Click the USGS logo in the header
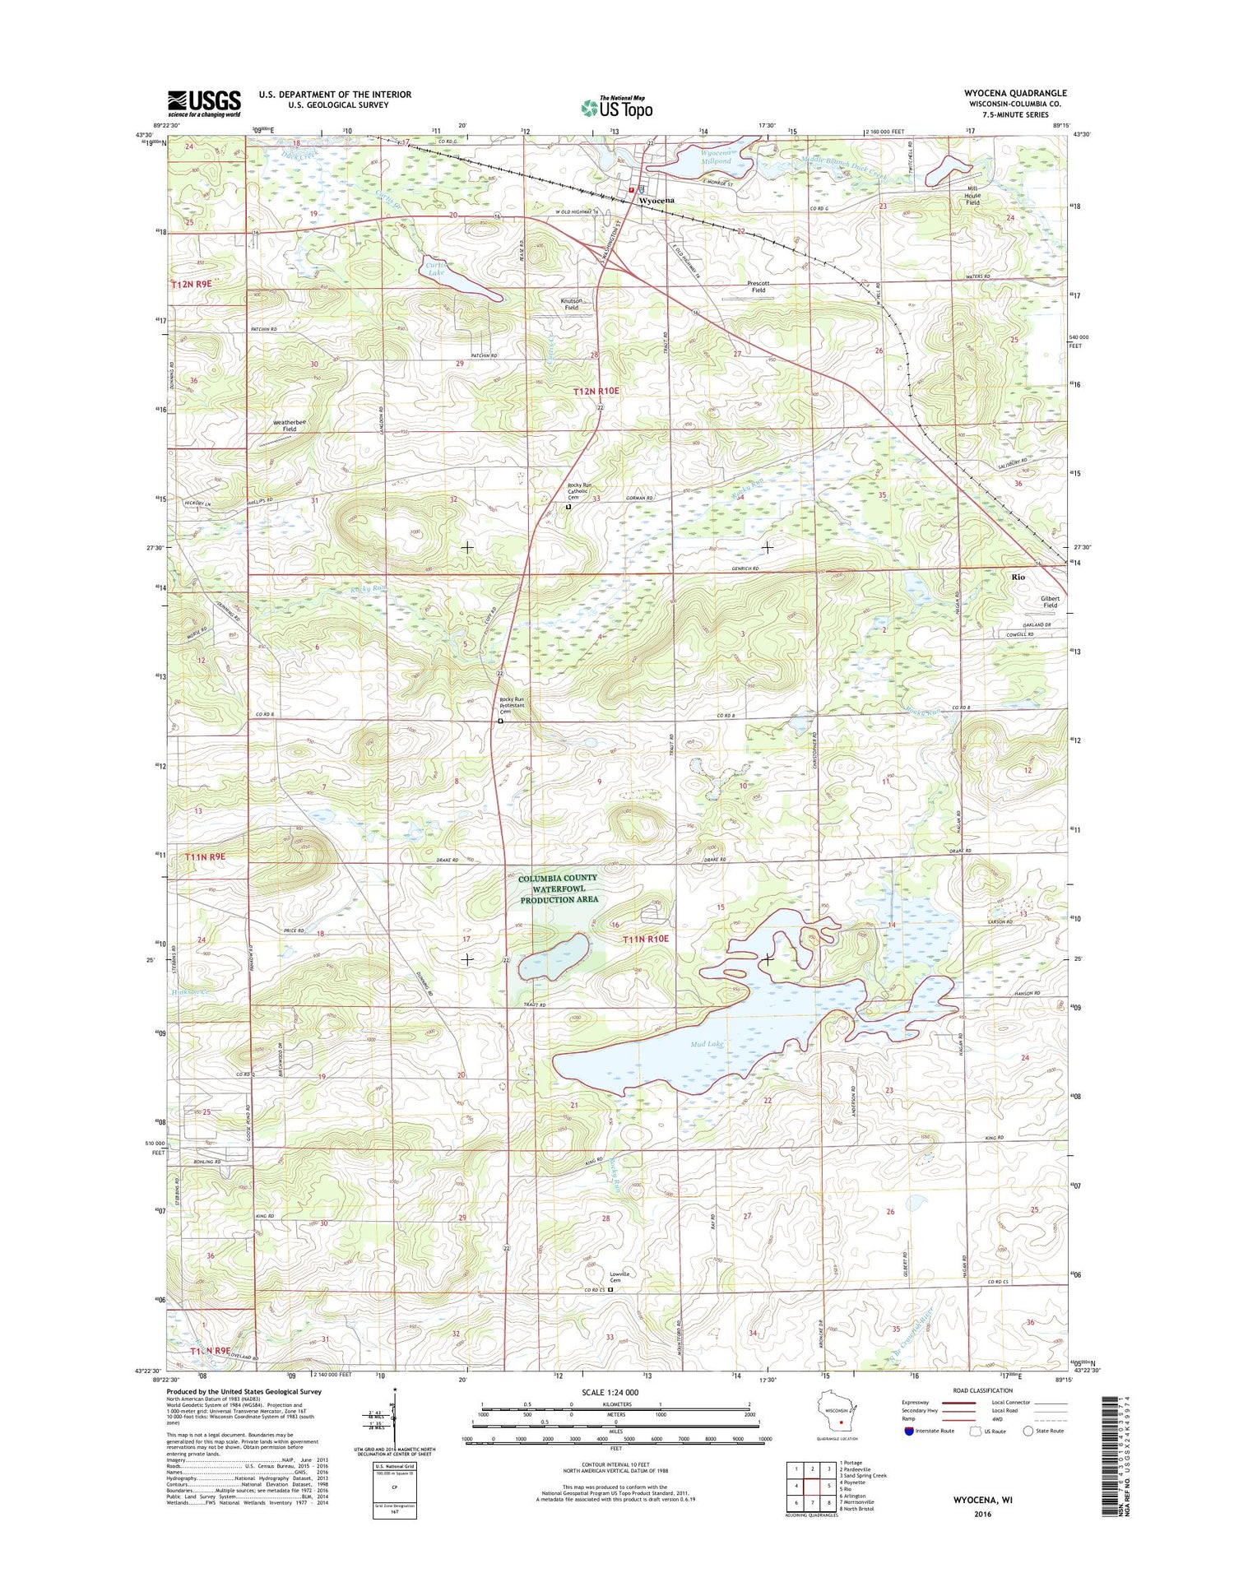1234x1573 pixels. [x=204, y=103]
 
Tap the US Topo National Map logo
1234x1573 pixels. [x=617, y=107]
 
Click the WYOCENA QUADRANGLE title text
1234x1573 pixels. [x=1015, y=94]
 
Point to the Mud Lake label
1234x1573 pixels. [x=707, y=1044]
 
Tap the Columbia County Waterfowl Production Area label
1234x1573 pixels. [x=559, y=889]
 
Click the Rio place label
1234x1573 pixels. [x=1018, y=578]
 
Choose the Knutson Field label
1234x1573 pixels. [x=571, y=304]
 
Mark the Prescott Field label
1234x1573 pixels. [x=757, y=286]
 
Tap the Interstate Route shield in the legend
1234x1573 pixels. [x=908, y=1431]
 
